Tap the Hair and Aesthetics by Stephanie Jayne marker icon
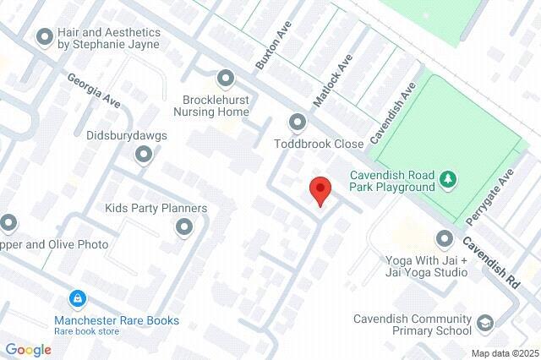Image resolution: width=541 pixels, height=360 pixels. (x=44, y=37)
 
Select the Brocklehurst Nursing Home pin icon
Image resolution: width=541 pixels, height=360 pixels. (x=225, y=79)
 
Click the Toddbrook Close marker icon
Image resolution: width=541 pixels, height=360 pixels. (x=297, y=123)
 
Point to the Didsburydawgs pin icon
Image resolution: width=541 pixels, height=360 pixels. (x=144, y=155)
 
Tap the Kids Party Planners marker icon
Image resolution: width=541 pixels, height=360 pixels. (x=183, y=226)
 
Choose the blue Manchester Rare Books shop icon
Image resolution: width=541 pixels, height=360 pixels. (x=77, y=299)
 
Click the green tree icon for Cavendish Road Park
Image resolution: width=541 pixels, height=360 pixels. (x=448, y=178)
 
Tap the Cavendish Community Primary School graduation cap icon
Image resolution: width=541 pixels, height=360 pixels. (x=485, y=324)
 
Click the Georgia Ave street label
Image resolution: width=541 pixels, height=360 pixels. (x=95, y=90)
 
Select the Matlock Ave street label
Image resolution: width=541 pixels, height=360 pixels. (x=331, y=81)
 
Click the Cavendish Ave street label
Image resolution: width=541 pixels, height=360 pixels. (x=395, y=112)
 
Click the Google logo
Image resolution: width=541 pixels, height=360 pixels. (x=28, y=350)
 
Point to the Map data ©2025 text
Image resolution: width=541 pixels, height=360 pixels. (x=504, y=353)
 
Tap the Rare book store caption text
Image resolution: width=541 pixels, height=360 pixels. (x=87, y=331)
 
